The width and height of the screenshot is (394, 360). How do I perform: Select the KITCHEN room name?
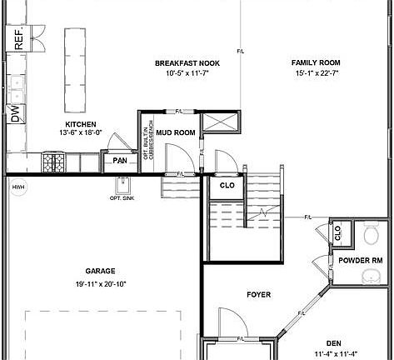[81, 124]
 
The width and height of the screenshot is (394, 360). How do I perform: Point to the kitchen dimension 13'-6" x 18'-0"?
[81, 132]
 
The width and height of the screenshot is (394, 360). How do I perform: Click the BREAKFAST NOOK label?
[187, 62]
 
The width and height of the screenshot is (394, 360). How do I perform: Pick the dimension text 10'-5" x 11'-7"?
[187, 72]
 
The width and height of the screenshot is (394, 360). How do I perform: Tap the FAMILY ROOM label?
[316, 62]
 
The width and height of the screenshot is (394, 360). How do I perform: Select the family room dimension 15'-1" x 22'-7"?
[316, 72]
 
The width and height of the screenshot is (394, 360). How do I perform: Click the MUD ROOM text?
[175, 132]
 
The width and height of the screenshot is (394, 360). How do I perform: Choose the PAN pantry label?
[120, 159]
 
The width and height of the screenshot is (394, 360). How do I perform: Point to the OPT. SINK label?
[122, 197]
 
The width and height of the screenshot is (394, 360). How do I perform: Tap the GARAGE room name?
[99, 271]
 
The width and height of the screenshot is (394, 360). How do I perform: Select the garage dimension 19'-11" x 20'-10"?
[99, 283]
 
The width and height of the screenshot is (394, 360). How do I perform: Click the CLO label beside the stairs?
[227, 185]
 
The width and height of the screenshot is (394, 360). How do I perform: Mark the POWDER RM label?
[360, 260]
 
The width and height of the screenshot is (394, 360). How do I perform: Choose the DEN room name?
[333, 342]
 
